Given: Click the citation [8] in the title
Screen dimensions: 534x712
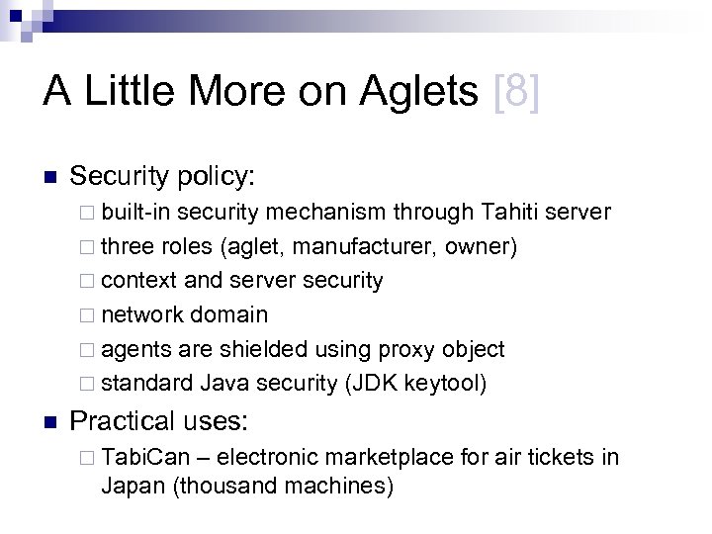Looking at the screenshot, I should (x=516, y=93).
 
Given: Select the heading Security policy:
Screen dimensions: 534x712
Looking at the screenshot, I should (x=163, y=176).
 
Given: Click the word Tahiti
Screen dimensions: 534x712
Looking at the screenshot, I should (x=517, y=213).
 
